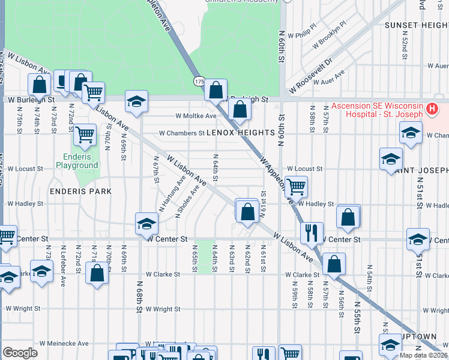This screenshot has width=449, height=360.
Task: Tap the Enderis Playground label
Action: (x=77, y=161)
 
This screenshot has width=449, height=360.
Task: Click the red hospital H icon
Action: (x=432, y=110)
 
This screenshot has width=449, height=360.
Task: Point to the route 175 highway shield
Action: (x=199, y=81)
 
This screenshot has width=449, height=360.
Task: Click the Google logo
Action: (x=20, y=353)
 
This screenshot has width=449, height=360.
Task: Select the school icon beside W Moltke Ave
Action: (x=136, y=101)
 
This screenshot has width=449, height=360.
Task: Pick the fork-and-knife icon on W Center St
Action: (x=312, y=233)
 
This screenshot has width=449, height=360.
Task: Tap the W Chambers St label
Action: (x=182, y=133)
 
